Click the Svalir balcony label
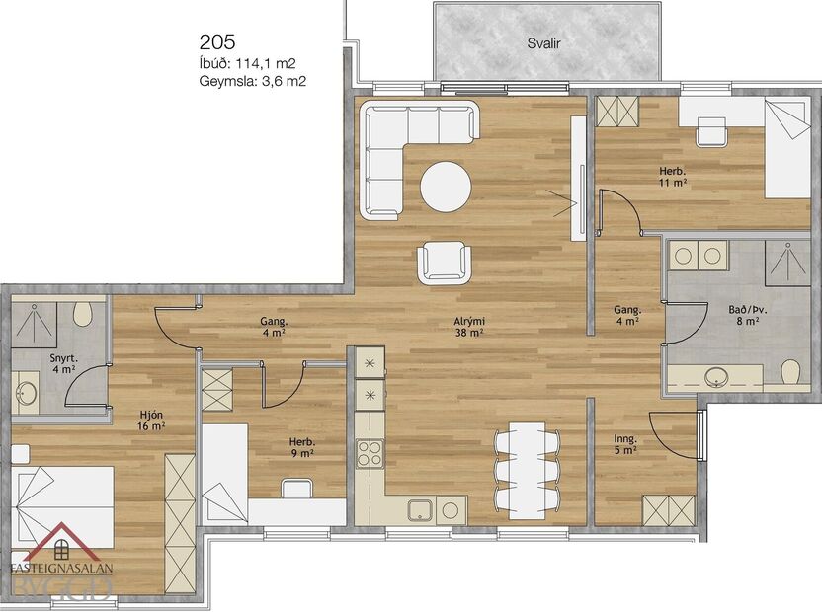click(544, 44)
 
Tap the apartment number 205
click(217, 41)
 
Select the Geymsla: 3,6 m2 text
click(252, 82)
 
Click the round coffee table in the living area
click(446, 187)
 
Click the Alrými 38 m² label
click(468, 327)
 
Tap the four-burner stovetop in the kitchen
click(370, 454)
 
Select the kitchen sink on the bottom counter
click(421, 510)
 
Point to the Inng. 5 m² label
click(624, 445)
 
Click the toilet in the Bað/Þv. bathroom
click(789, 373)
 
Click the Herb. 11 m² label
click(673, 177)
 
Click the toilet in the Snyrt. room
click(83, 315)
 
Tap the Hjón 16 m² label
click(150, 421)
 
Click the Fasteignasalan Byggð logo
click(61, 568)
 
